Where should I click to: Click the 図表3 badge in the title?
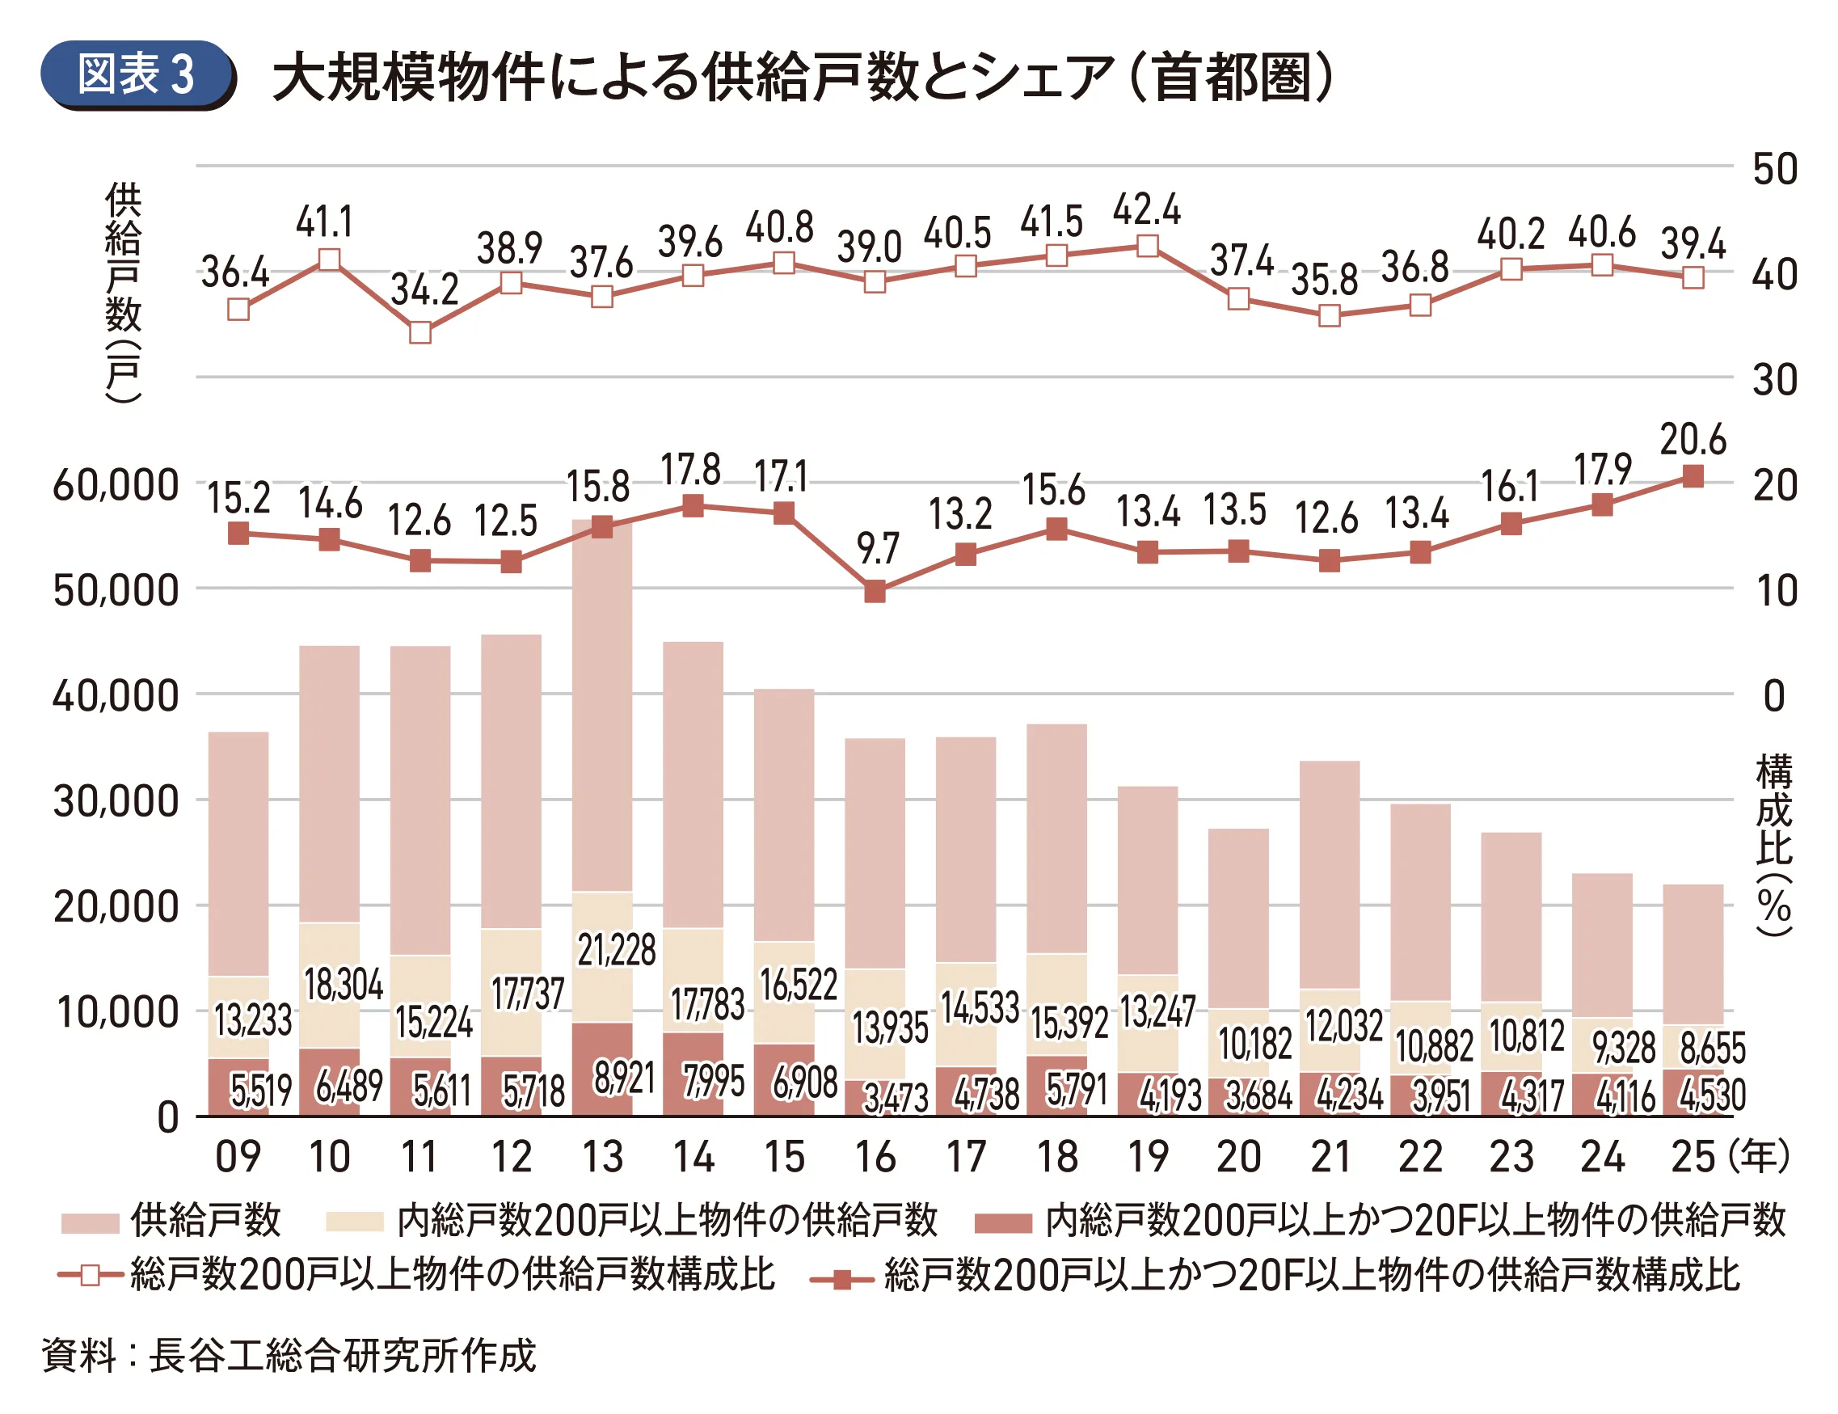[137, 75]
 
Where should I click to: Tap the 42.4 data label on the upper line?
[1146, 209]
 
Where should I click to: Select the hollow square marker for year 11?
[421, 332]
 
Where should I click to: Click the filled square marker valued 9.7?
[875, 592]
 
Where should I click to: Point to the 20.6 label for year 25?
[1693, 439]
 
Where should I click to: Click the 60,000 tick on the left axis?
[116, 486]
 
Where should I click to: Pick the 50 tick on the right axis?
[1775, 169]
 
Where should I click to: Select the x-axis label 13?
[603, 1156]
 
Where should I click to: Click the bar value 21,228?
[616, 950]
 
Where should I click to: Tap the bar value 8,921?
[624, 1078]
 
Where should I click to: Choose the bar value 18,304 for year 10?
[344, 985]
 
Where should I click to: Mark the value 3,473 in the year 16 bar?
[896, 1098]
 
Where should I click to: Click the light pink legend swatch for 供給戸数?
[90, 1222]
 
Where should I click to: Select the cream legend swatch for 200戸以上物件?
[354, 1222]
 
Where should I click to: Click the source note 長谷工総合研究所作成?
[342, 1355]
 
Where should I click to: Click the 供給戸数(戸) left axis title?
[123, 291]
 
